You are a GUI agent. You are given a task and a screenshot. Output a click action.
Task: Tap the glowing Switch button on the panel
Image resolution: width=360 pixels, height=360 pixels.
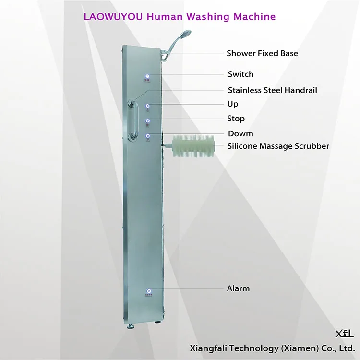coord(148,76)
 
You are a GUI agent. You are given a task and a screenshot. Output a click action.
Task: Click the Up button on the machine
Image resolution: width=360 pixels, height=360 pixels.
coord(148,106)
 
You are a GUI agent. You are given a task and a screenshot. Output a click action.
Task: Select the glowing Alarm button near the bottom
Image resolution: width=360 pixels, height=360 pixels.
coord(149,291)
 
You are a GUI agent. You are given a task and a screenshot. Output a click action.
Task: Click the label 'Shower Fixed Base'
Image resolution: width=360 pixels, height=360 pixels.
coord(262,53)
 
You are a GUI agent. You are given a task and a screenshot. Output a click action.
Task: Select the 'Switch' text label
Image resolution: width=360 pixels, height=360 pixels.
coord(240,74)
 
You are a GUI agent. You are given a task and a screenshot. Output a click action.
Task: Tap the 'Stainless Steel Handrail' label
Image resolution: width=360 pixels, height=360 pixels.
coord(272,90)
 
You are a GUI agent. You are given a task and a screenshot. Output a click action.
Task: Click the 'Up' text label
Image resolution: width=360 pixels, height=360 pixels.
coord(233,104)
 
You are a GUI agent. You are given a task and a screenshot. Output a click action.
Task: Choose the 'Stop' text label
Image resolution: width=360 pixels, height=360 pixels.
coord(236,119)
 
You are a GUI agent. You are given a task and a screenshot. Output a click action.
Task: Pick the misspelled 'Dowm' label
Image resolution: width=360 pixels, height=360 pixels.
coord(240,133)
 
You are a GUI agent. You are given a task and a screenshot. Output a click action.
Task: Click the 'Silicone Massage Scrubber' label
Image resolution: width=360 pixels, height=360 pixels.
coord(278,146)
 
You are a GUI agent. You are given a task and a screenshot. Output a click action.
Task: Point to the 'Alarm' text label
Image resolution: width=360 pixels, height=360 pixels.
coord(238,288)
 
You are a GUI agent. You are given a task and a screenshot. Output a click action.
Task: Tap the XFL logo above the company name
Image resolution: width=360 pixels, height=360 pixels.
coord(344,333)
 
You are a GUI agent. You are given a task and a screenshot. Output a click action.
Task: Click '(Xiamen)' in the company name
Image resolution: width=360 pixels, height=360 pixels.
coord(288,348)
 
